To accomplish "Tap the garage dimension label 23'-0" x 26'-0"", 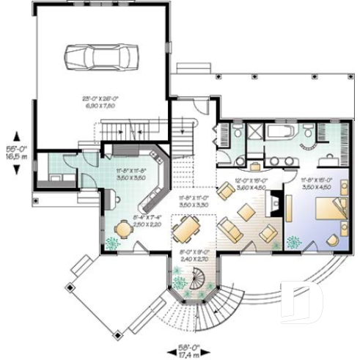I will pos(100,101).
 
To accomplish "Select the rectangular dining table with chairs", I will pos(185,232).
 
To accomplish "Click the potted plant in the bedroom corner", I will pos(295,241).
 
